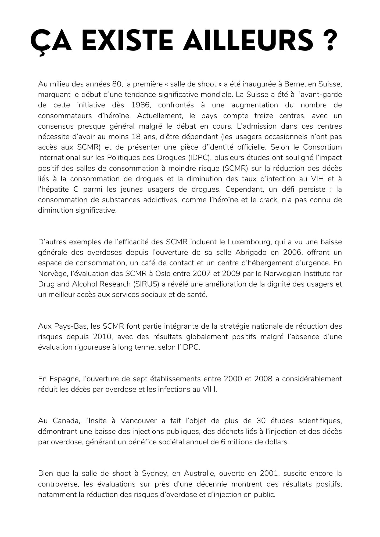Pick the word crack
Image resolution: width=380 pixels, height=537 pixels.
point(266,200)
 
